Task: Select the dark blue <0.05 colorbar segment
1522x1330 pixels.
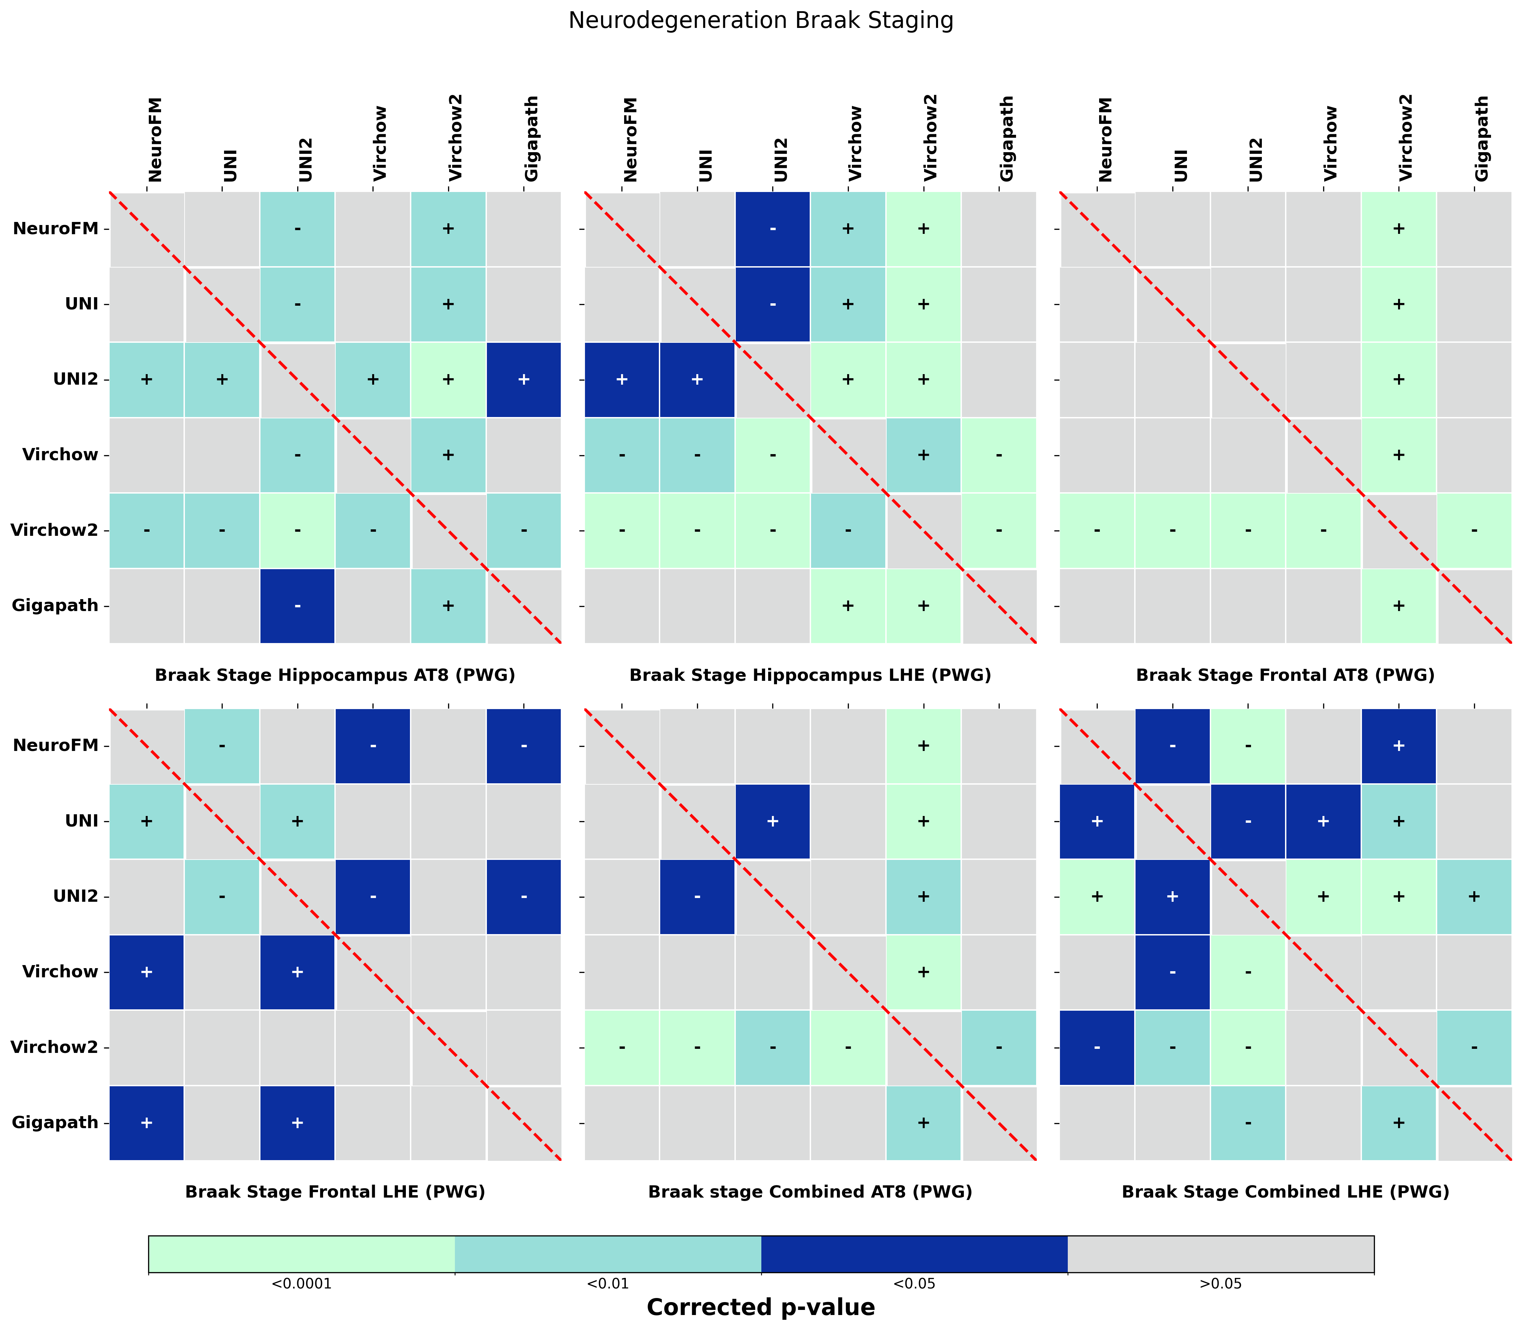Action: [914, 1253]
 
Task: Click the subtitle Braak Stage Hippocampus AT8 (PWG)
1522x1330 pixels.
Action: [335, 675]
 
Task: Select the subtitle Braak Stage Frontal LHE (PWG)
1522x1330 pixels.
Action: [335, 1192]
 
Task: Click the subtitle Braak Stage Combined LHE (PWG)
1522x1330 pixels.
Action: [1285, 1192]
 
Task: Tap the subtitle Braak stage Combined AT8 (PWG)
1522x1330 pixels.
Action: [810, 1192]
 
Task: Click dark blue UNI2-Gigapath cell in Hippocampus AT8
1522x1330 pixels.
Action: [523, 379]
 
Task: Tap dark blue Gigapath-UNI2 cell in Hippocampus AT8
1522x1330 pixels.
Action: [297, 606]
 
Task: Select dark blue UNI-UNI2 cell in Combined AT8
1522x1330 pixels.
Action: [772, 821]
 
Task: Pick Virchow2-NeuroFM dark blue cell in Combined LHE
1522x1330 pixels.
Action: [1097, 1047]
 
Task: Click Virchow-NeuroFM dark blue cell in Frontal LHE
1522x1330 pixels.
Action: [146, 972]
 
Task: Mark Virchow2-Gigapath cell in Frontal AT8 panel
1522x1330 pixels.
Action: [1474, 530]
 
